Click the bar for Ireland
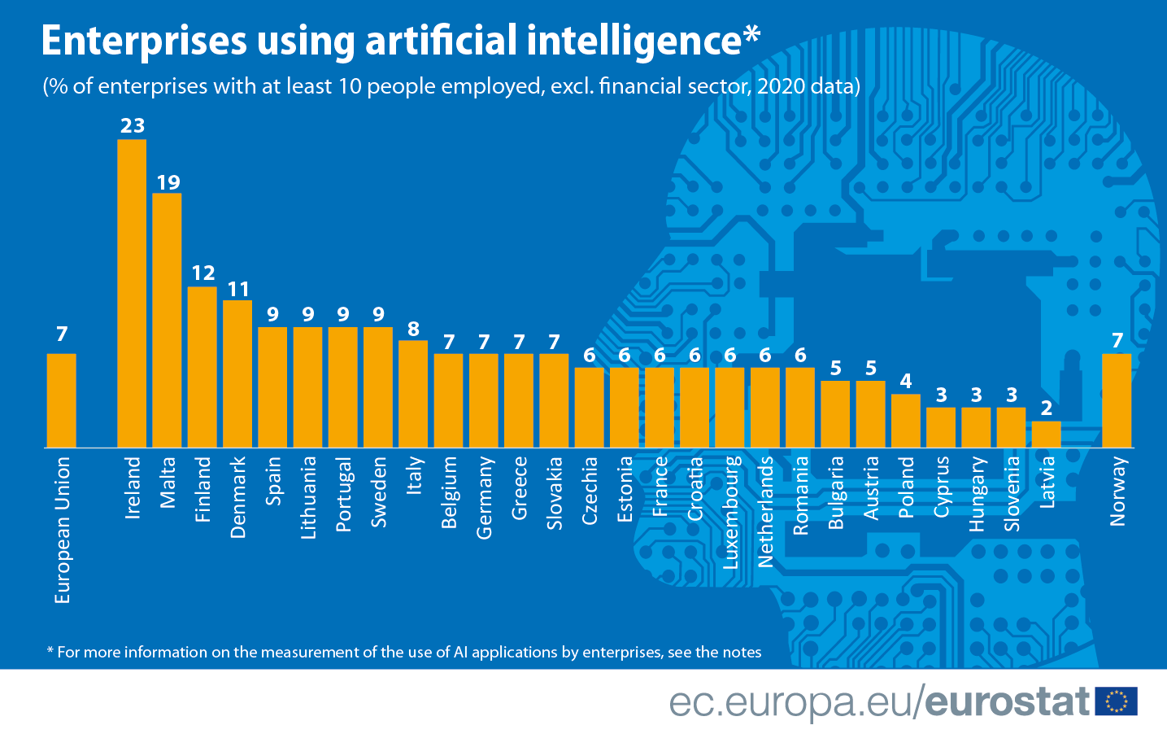132,293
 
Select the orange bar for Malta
167,320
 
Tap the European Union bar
61,400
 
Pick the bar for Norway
1117,400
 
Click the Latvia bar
1046,434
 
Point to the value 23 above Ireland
133,125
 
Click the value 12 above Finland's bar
202,273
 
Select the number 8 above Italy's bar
413,329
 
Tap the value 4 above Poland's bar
906,381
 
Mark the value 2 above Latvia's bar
1047,408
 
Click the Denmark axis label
237,497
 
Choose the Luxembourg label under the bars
730,512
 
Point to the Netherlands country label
765,511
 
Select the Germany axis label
484,497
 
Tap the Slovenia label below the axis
1012,494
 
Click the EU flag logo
1116,701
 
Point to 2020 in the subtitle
781,86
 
